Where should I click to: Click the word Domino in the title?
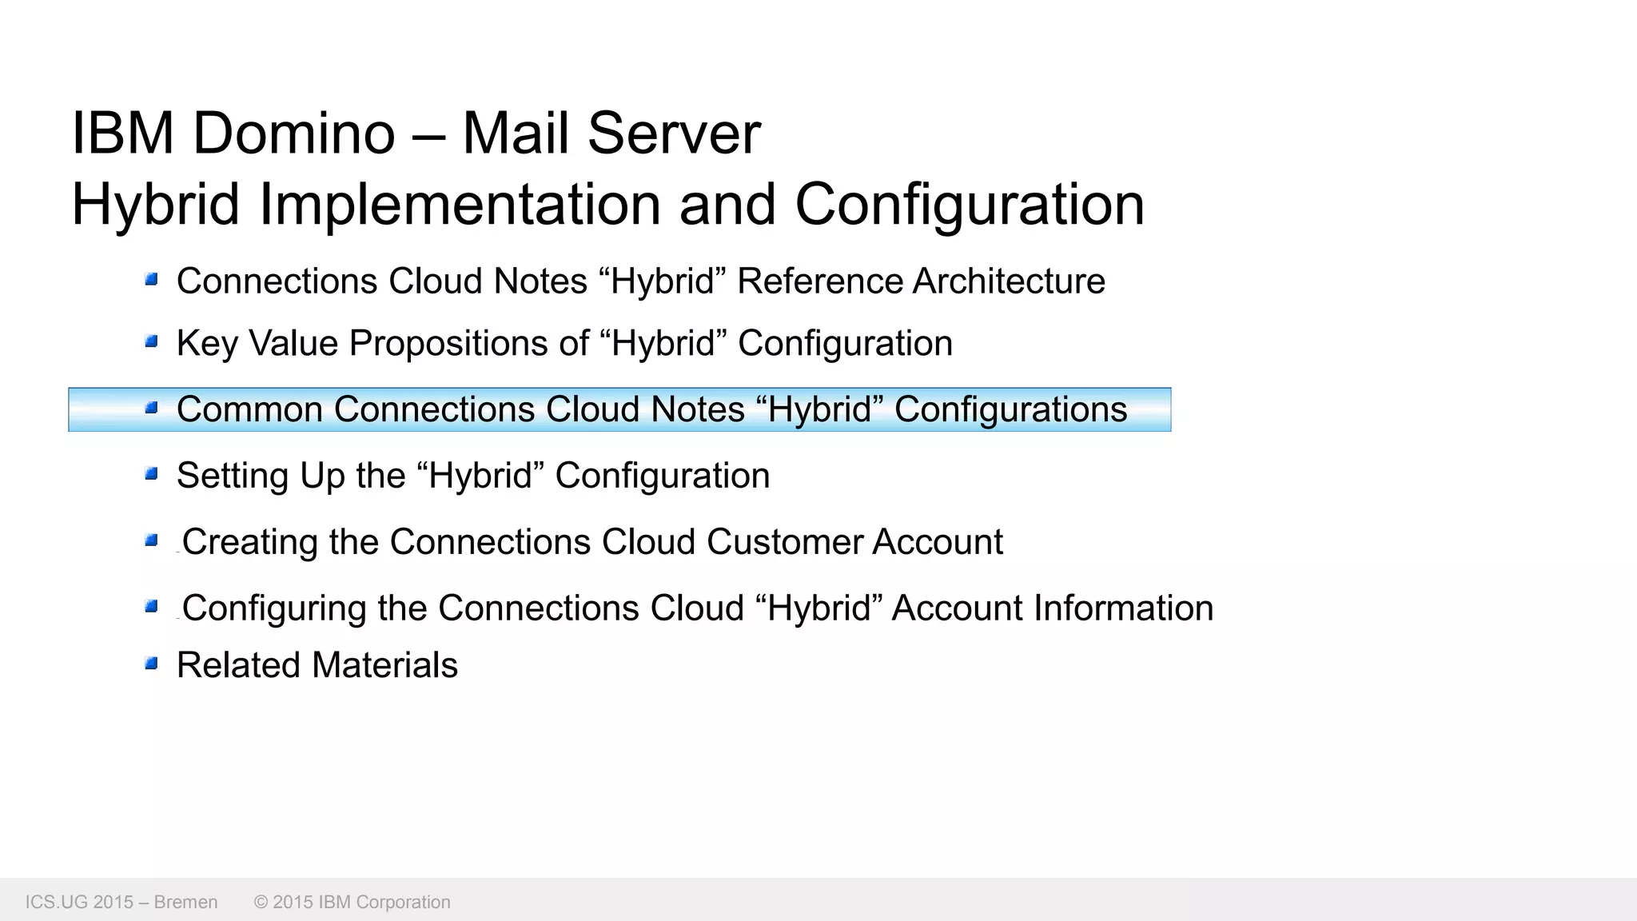pos(293,133)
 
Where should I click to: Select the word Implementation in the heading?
pos(460,205)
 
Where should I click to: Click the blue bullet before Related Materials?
pos(151,664)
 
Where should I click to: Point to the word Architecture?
pos(1009,281)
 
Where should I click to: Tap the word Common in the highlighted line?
pos(249,409)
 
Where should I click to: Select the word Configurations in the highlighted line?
pos(1010,409)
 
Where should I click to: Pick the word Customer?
pos(784,542)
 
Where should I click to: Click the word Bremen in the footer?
pos(185,903)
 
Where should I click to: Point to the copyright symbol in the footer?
pos(261,903)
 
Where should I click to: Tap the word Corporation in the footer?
pos(403,903)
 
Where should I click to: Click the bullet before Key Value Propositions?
pos(151,342)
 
